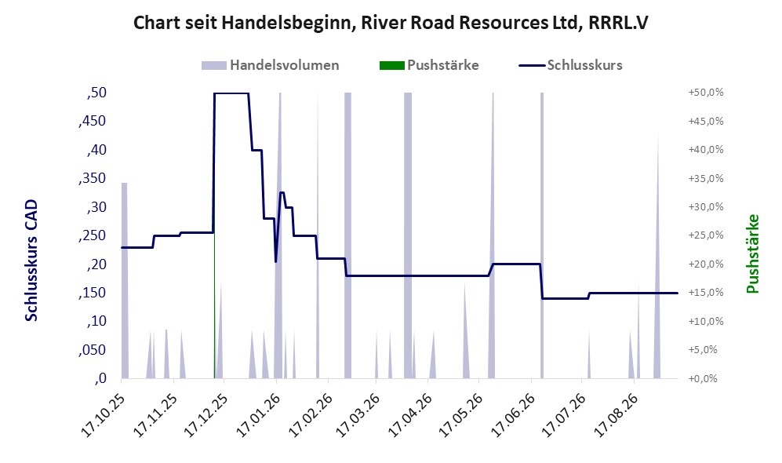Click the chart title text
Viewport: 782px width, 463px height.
[x=391, y=23]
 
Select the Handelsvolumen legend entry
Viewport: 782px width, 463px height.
[x=271, y=65]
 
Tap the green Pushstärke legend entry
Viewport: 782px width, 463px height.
[x=429, y=65]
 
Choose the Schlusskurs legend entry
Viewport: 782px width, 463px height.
[x=570, y=65]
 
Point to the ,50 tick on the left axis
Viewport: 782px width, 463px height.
[x=96, y=93]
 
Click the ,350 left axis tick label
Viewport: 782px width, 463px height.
[x=93, y=179]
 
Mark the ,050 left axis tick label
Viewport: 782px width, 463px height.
[x=93, y=350]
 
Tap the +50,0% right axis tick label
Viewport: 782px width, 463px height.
[x=706, y=93]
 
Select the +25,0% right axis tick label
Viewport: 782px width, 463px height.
[x=706, y=235]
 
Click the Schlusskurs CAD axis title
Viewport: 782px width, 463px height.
[x=31, y=260]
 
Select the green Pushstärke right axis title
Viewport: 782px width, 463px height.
[x=752, y=253]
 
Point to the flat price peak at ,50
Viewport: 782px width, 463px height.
[x=231, y=93]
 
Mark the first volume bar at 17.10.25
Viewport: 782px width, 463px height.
[x=125, y=280]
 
